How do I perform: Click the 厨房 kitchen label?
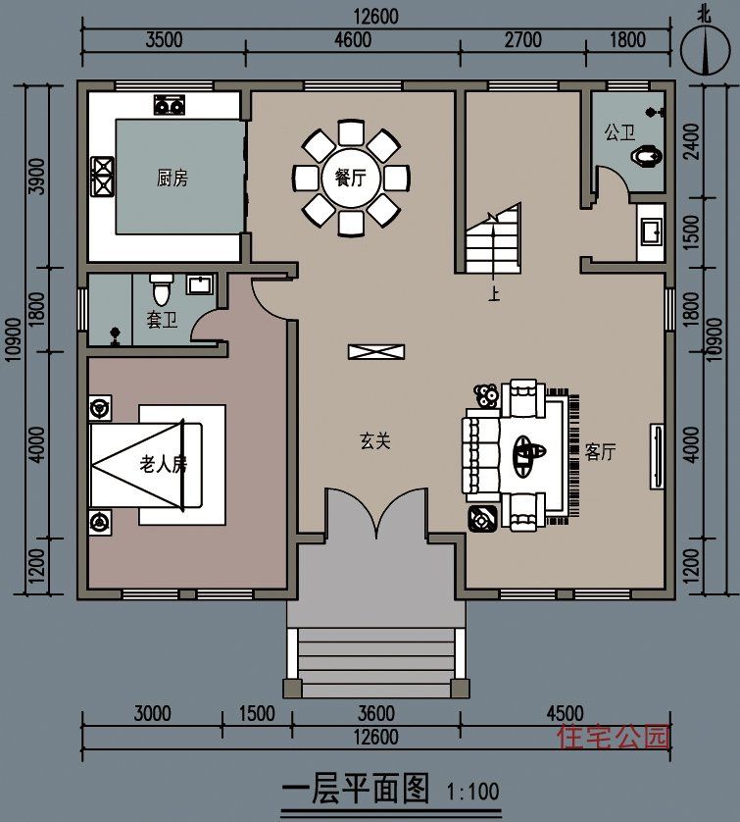tap(173, 179)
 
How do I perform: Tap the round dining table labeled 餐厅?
tap(351, 179)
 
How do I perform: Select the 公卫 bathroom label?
tap(619, 132)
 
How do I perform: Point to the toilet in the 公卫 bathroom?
tap(646, 156)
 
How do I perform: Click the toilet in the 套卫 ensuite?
tap(161, 289)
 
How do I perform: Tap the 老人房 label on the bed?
tap(163, 465)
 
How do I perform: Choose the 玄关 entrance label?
tap(375, 440)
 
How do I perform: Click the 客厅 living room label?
tap(600, 451)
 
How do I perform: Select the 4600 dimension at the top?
tap(353, 40)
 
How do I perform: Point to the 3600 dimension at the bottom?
tap(376, 713)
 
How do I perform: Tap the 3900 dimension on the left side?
tap(37, 177)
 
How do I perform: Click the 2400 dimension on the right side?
tap(692, 141)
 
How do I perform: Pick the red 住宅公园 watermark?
tap(614, 736)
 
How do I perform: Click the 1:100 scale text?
tap(472, 791)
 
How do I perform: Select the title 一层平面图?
tap(356, 788)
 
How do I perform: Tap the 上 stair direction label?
tap(493, 294)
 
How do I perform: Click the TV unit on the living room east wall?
tap(658, 456)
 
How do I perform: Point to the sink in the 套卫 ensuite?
tap(199, 284)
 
